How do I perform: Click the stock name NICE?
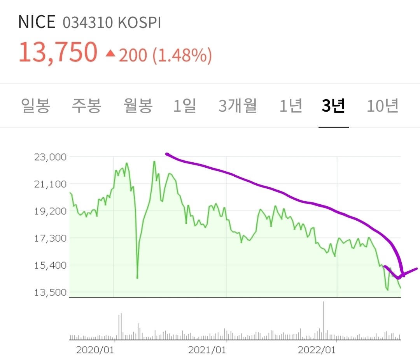(x=37, y=23)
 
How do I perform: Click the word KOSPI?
(x=139, y=23)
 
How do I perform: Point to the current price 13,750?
(x=58, y=52)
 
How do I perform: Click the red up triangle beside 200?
(x=110, y=53)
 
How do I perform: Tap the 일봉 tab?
(x=35, y=106)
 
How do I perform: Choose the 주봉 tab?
(x=86, y=106)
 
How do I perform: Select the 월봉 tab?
(x=138, y=106)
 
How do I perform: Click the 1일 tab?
(x=185, y=106)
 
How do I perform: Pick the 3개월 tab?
(x=238, y=106)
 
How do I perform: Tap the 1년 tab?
(x=291, y=106)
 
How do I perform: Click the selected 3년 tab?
(x=333, y=106)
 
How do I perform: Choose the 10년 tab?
(x=383, y=106)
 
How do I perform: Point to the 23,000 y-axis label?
(x=51, y=157)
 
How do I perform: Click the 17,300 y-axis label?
(x=51, y=238)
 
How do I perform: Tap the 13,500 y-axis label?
(x=51, y=292)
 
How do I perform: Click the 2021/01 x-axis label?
(x=207, y=349)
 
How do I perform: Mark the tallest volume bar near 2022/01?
(x=324, y=319)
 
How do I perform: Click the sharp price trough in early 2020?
(x=137, y=277)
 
